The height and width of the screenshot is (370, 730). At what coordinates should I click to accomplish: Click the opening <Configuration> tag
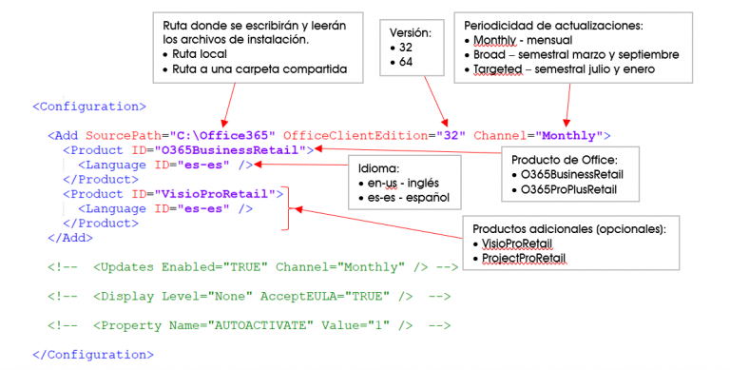89,107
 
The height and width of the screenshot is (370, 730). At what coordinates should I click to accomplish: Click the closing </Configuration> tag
93,355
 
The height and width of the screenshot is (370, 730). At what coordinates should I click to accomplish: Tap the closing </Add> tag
70,238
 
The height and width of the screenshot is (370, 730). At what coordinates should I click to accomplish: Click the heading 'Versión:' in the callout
411,32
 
